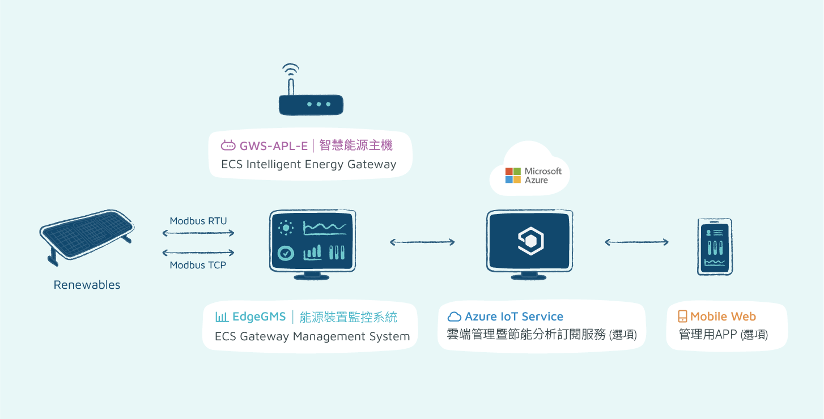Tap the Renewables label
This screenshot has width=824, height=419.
point(87,285)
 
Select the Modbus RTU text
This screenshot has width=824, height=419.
point(198,221)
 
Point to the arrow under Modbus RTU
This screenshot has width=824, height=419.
point(198,233)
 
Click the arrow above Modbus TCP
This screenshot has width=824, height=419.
point(198,253)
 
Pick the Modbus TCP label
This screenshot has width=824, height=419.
point(198,265)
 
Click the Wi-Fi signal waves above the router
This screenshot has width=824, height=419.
point(291,70)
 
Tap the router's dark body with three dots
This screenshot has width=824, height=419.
point(311,105)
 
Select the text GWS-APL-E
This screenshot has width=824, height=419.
point(273,146)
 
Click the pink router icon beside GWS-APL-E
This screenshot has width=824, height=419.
point(228,146)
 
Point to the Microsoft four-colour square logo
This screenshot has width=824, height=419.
point(513,176)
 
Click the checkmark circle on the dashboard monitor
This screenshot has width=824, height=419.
point(286,253)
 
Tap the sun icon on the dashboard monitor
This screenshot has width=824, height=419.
point(286,228)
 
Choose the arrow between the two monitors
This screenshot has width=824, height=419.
point(422,242)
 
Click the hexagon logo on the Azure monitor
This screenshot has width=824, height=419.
point(530,241)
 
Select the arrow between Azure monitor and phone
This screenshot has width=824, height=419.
point(637,242)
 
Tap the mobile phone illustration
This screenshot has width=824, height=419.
point(715,247)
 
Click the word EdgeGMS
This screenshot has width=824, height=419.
point(259,317)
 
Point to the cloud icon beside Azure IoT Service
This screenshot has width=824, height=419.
point(455,317)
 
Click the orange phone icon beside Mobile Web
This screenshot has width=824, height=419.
point(682,317)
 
